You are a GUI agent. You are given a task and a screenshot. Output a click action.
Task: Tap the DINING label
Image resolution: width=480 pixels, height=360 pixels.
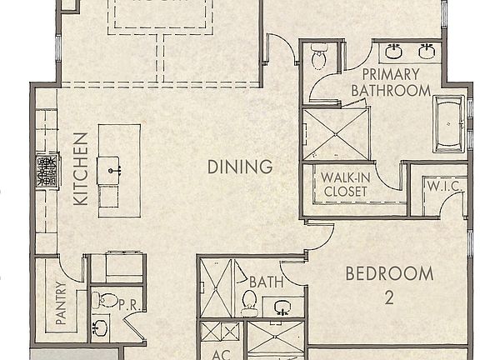tap(240, 167)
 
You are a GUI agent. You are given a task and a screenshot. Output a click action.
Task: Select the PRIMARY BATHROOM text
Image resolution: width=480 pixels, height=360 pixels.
tap(390, 82)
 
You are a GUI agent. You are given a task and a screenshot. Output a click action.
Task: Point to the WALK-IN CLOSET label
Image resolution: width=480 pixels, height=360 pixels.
tap(346, 183)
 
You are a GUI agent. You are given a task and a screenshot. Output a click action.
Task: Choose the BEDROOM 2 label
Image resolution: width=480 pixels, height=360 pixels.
tap(389, 283)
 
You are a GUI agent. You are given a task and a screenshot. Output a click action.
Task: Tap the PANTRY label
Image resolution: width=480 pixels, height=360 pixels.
tap(60, 305)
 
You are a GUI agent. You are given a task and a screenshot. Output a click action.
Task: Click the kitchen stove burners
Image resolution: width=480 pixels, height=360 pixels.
tap(46, 171)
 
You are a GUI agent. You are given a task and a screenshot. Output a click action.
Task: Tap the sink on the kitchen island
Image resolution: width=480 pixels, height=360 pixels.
tap(111, 170)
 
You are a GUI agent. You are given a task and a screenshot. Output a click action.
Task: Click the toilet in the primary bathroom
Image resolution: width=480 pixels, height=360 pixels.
tap(317, 58)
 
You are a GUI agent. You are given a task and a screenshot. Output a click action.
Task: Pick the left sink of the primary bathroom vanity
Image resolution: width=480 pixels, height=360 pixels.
tap(394, 52)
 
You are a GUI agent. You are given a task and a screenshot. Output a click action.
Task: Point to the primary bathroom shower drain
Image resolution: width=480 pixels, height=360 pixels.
tap(335, 132)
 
